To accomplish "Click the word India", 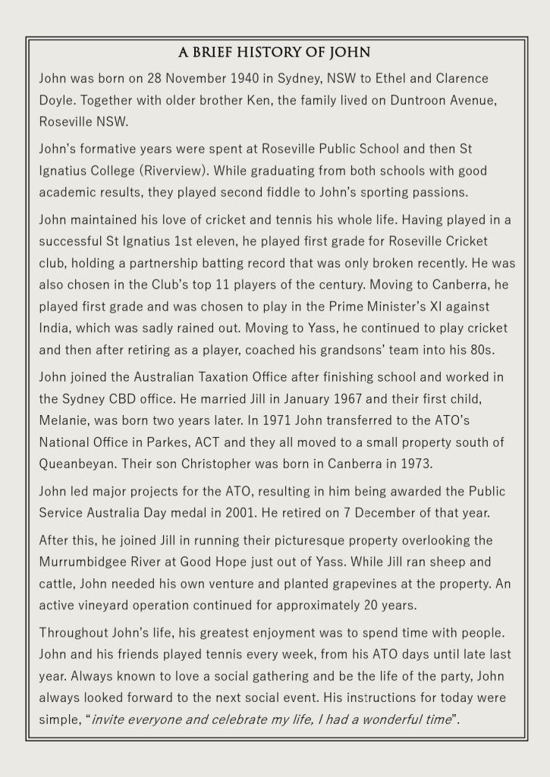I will [54, 329].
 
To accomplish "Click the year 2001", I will [240, 513].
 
